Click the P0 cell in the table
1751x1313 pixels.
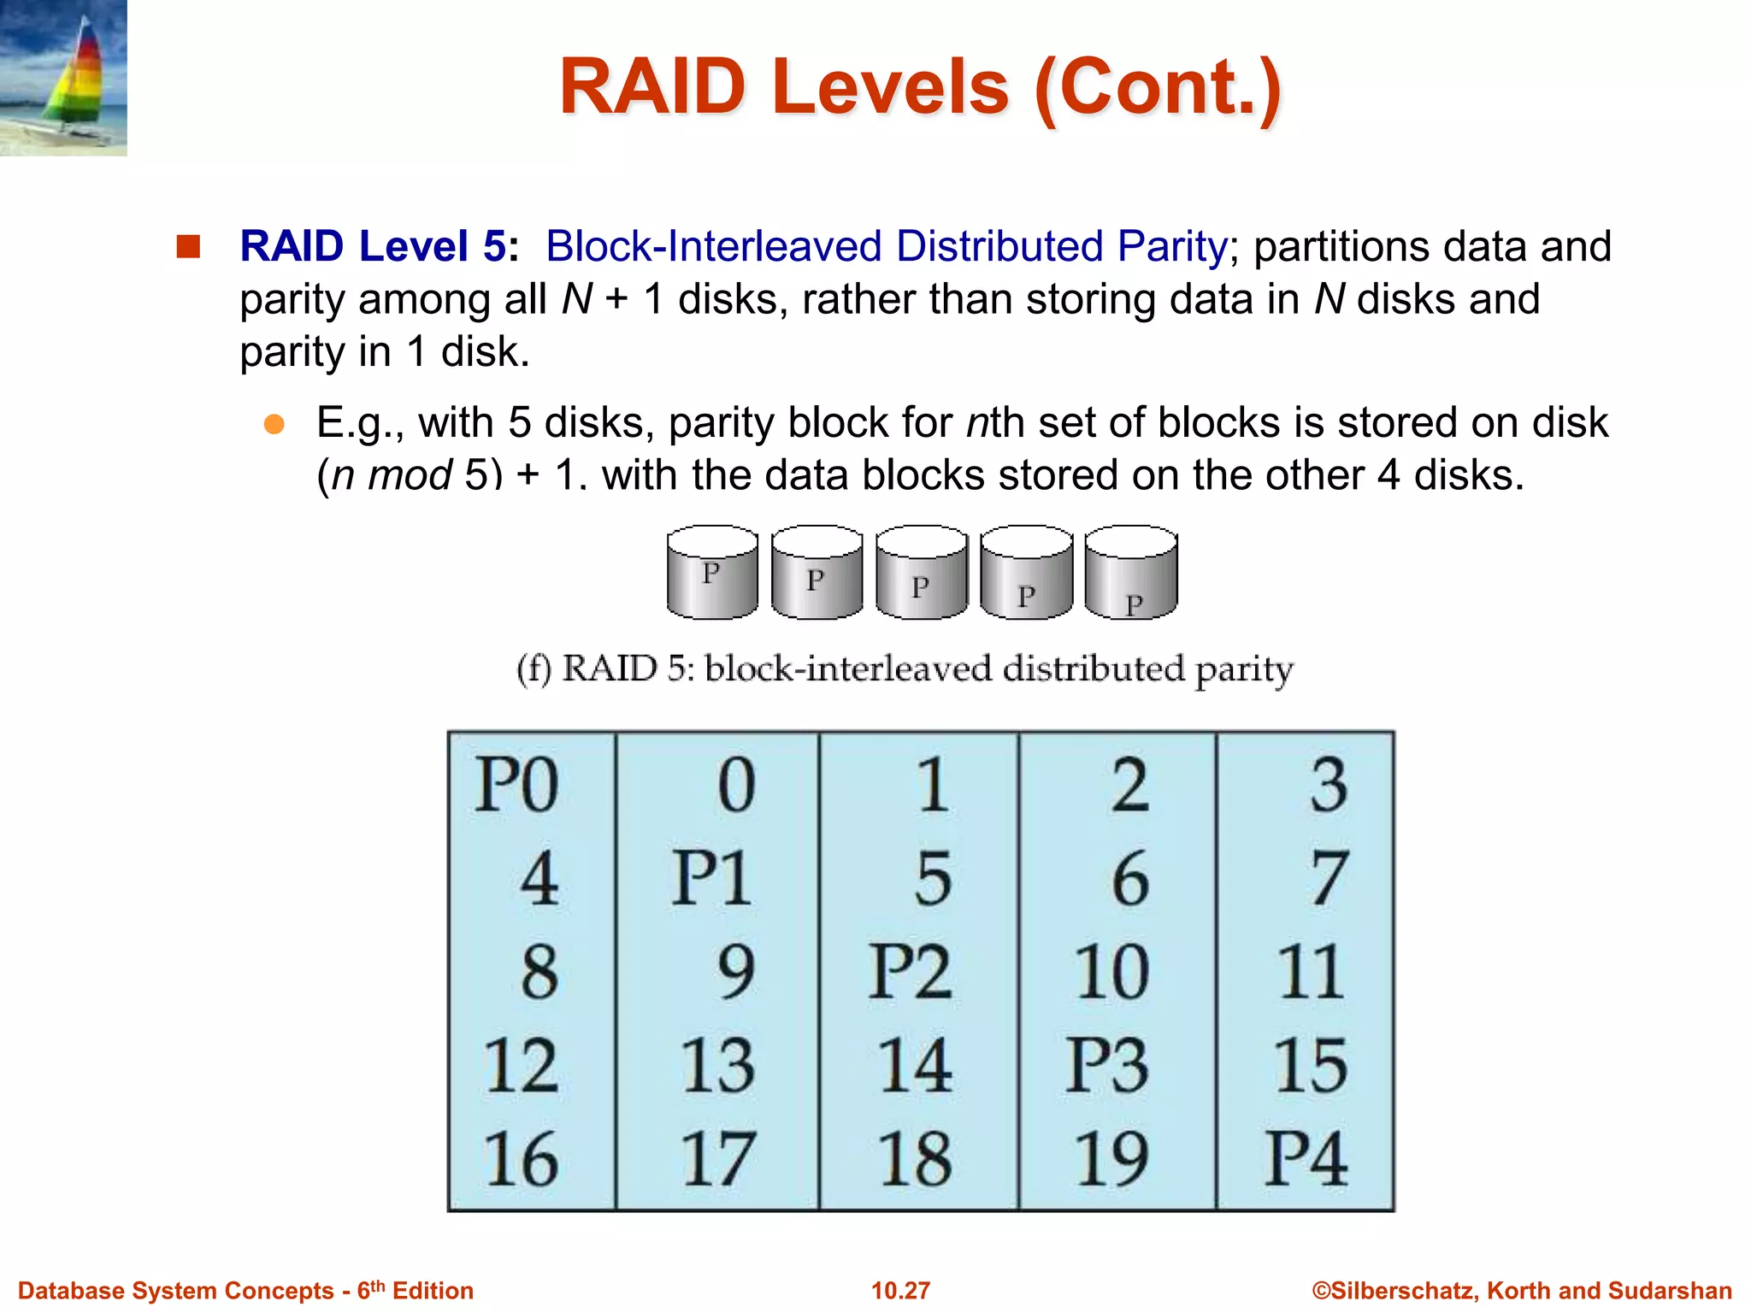point(517,785)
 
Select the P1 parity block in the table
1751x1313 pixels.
point(711,878)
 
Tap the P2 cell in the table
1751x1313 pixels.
point(910,972)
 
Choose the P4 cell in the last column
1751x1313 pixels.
point(1306,1159)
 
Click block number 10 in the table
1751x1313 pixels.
point(1111,972)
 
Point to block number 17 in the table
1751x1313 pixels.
point(718,1159)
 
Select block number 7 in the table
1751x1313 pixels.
point(1329,878)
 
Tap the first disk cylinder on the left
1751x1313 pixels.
point(712,572)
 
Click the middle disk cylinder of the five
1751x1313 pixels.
point(921,572)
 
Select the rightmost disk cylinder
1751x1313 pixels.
point(1130,572)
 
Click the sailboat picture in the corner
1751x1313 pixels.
point(63,77)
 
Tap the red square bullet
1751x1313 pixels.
point(188,246)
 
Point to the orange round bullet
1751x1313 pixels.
point(274,424)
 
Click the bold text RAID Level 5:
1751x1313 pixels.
point(379,246)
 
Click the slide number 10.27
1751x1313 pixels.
point(900,1290)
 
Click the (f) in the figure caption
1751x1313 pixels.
point(534,668)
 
